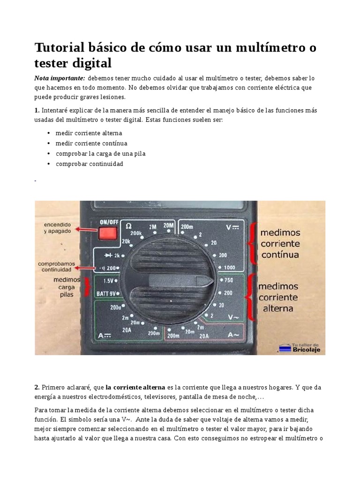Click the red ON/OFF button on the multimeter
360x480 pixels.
click(x=107, y=233)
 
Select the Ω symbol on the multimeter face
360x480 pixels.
click(x=129, y=226)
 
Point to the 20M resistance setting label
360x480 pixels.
click(x=168, y=225)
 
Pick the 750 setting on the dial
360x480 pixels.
click(x=229, y=280)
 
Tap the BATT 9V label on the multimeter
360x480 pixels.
click(x=106, y=293)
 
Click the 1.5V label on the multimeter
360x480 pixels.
click(x=108, y=281)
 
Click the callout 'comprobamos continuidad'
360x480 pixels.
click(x=57, y=267)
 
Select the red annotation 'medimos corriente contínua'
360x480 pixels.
click(x=280, y=244)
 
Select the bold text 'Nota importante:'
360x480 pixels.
click(x=60, y=78)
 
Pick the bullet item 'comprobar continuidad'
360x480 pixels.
click(x=89, y=164)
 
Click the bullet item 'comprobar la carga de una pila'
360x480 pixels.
click(x=100, y=154)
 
